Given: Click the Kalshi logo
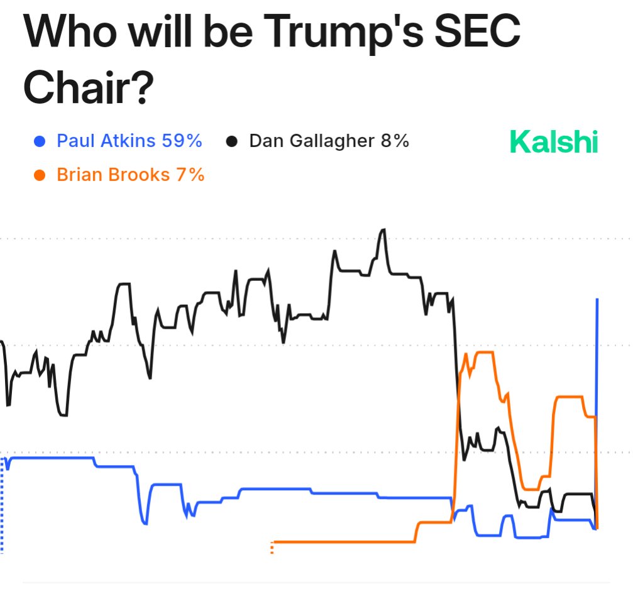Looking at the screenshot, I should point(553,141).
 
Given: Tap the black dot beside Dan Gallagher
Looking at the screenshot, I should point(232,141).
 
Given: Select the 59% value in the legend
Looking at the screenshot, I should point(182,141).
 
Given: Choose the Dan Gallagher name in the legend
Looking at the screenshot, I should point(311,141).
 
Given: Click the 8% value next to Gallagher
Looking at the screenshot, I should point(394,141).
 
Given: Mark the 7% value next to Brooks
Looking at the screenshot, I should point(190,174).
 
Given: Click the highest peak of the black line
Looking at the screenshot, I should point(383,231).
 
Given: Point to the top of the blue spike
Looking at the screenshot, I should point(597,300).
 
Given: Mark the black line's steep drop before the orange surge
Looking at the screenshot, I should point(456,365).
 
